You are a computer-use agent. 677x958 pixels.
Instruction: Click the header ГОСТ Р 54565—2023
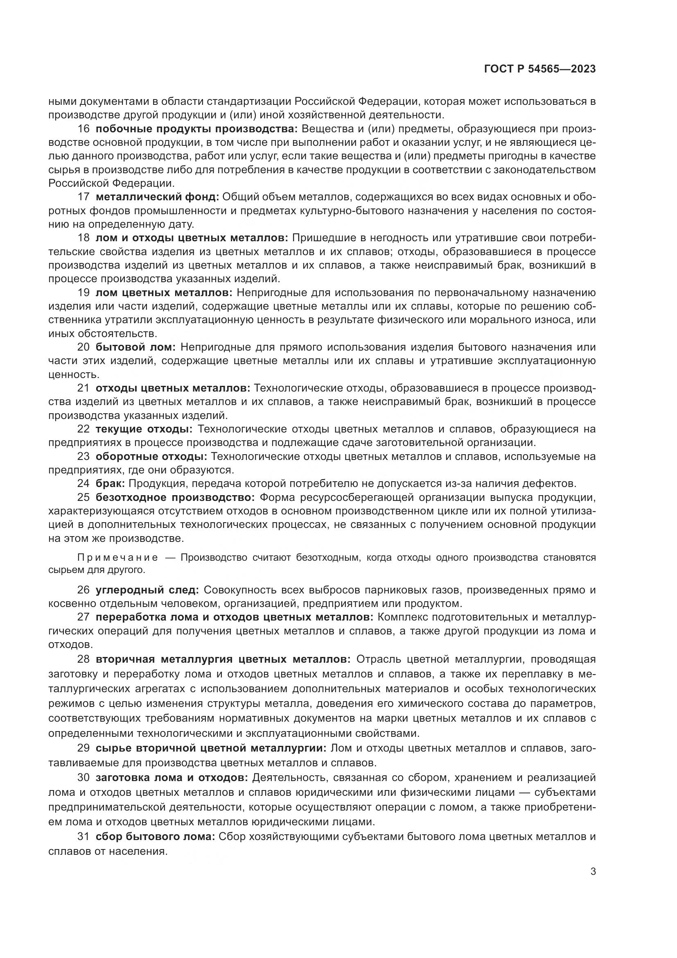tap(540, 69)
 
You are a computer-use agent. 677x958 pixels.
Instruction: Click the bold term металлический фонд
tap(157, 197)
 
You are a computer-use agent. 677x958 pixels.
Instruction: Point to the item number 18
tap(83, 238)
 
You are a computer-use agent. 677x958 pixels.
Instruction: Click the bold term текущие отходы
tap(144, 429)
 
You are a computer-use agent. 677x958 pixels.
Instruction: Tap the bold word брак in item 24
tap(110, 484)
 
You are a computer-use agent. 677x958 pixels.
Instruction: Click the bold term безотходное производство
tap(175, 497)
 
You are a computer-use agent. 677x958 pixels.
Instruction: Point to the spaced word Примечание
tap(117, 558)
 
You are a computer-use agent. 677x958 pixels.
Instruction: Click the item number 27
tap(83, 617)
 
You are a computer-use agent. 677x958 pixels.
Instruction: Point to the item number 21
tap(83, 388)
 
